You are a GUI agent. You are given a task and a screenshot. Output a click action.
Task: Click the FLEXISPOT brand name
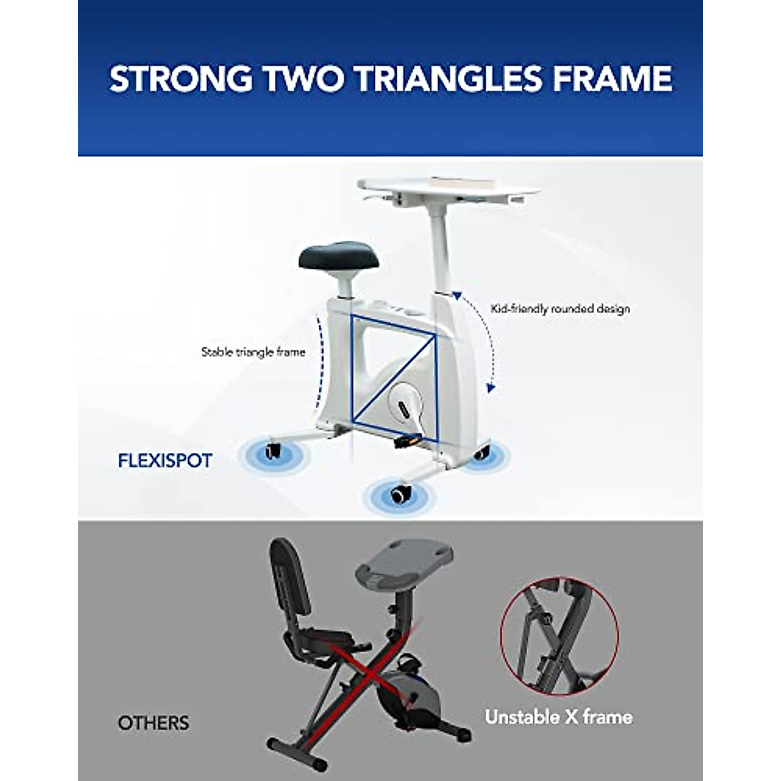click(165, 461)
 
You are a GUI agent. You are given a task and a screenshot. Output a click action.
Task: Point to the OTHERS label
click(154, 722)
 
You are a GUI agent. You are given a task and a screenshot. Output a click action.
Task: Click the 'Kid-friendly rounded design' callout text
click(560, 308)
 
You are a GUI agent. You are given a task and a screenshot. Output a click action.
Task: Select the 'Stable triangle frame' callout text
click(253, 352)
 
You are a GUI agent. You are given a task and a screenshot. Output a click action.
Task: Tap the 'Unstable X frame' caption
click(558, 717)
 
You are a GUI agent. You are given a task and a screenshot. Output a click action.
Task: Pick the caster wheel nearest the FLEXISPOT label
click(272, 451)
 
